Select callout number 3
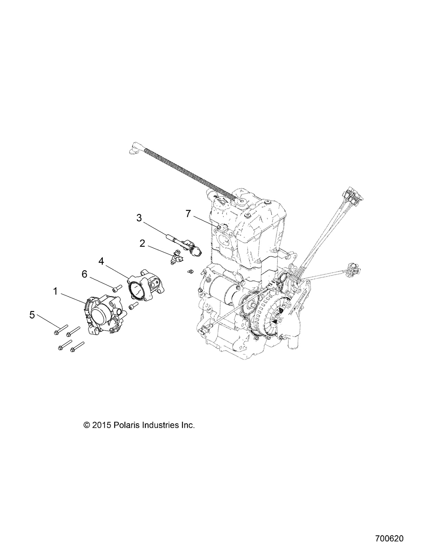point(139,218)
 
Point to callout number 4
point(101,261)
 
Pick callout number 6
point(84,274)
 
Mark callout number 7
point(188,214)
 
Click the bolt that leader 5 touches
point(60,330)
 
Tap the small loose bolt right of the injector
point(189,272)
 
